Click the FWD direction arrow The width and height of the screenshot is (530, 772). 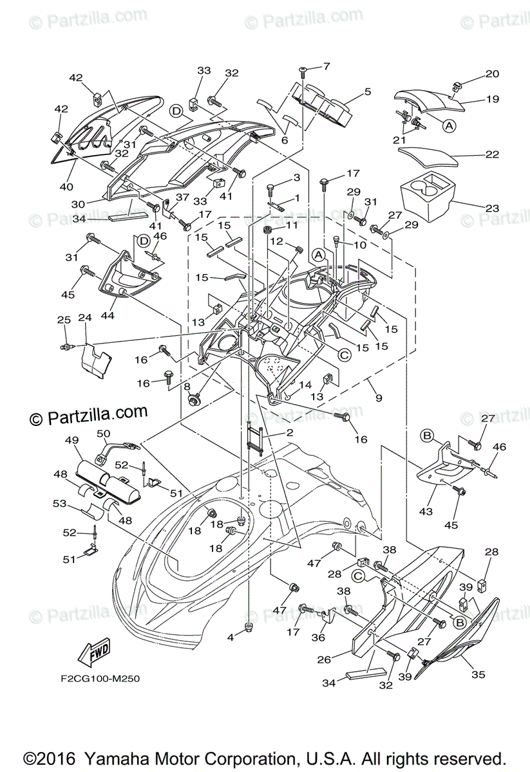[93, 653]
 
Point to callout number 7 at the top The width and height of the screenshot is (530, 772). [327, 66]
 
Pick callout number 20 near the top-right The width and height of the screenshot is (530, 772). [492, 74]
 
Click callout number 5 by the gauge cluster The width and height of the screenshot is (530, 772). [367, 91]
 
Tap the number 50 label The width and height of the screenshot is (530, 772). [103, 434]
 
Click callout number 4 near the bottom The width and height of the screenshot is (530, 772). [231, 637]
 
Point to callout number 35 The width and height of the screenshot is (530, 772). [478, 675]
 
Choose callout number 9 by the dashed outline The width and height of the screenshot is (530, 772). [379, 398]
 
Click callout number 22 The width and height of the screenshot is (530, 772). [492, 155]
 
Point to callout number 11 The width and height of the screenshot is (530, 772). [292, 225]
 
